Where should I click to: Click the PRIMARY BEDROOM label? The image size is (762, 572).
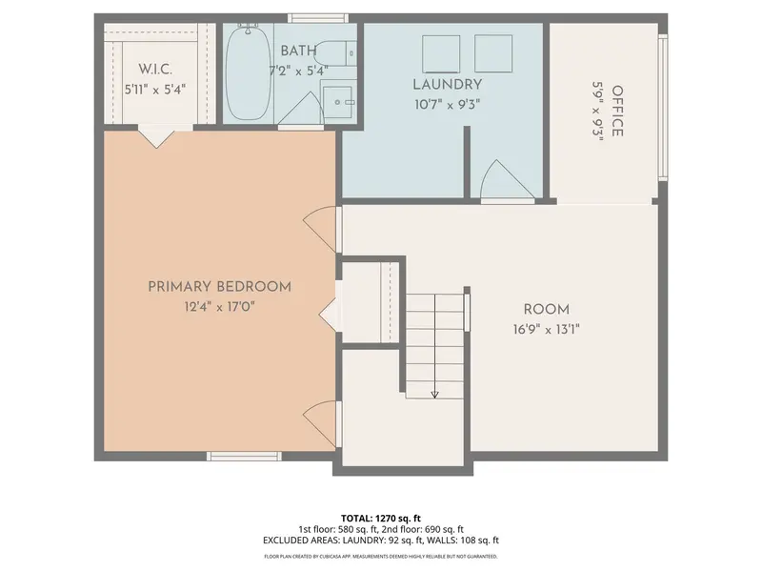click(x=220, y=287)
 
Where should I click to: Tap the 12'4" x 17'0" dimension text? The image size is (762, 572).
click(x=220, y=307)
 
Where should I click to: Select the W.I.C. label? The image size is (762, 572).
click(x=155, y=69)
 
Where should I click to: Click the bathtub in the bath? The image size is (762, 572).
click(x=249, y=72)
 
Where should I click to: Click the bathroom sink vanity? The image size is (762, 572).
click(x=338, y=102)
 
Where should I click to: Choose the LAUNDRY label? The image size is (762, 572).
click(x=448, y=85)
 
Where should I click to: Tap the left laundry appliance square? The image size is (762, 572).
click(x=441, y=54)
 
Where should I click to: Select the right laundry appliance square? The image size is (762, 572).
click(x=493, y=53)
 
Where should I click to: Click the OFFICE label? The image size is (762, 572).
click(x=617, y=111)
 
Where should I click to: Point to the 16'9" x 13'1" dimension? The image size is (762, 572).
click(x=546, y=330)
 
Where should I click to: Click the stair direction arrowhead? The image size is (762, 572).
click(x=435, y=395)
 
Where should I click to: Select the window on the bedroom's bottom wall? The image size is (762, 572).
click(x=244, y=457)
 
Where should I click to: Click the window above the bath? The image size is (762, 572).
click(x=318, y=18)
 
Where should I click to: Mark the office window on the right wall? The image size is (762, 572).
click(x=663, y=107)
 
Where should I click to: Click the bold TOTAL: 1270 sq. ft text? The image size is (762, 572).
click(x=380, y=519)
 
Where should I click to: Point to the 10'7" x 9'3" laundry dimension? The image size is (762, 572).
click(x=447, y=105)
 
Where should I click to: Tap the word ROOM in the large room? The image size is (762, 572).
click(x=546, y=309)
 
